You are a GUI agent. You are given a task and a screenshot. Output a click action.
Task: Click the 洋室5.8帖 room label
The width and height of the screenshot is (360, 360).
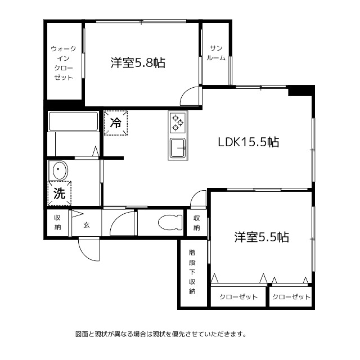(x=138, y=63)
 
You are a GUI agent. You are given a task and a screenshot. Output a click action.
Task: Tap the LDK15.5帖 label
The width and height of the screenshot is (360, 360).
(x=249, y=142)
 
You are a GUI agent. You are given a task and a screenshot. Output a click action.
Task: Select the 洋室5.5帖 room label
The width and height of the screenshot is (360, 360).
(x=262, y=237)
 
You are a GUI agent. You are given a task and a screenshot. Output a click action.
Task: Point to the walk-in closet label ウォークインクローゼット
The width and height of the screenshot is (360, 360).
(x=64, y=63)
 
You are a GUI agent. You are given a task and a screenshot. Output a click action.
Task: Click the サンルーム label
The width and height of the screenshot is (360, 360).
(x=217, y=53)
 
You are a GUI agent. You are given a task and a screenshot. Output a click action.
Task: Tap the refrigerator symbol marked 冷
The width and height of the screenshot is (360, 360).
(x=116, y=123)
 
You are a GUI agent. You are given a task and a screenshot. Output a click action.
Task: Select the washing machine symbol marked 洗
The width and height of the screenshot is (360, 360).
(x=60, y=193)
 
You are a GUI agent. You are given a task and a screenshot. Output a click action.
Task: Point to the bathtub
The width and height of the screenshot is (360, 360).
(x=74, y=121)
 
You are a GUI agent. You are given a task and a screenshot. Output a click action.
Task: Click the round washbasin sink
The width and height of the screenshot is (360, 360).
(x=58, y=170)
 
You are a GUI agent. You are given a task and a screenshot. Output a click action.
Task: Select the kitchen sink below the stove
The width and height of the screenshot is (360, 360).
(x=178, y=148)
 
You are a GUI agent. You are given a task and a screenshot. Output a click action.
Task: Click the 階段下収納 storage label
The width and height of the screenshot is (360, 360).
(x=192, y=272)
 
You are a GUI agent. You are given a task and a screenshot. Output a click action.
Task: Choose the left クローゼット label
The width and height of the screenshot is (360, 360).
(x=238, y=297)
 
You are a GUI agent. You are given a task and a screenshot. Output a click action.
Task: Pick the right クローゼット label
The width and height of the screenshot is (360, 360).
(x=291, y=297)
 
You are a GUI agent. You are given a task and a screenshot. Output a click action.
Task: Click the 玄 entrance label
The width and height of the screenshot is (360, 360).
(x=87, y=225)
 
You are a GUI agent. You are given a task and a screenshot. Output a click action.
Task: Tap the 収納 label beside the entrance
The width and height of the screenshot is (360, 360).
(x=57, y=223)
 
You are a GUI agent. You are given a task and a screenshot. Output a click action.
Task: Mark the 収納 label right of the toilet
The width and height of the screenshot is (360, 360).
(x=196, y=223)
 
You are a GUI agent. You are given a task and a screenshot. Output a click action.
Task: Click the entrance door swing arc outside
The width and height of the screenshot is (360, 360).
(x=89, y=250)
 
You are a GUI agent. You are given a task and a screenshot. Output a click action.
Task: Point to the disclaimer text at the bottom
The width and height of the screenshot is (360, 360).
(x=161, y=334)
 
